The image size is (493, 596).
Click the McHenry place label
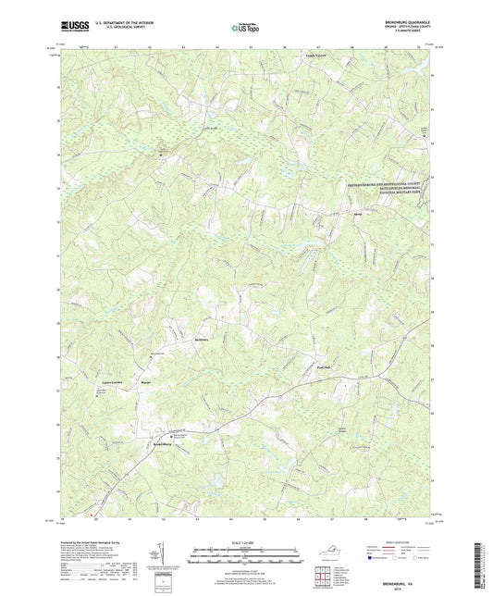pos(179,342)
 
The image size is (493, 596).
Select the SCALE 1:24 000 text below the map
pos(245,541)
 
